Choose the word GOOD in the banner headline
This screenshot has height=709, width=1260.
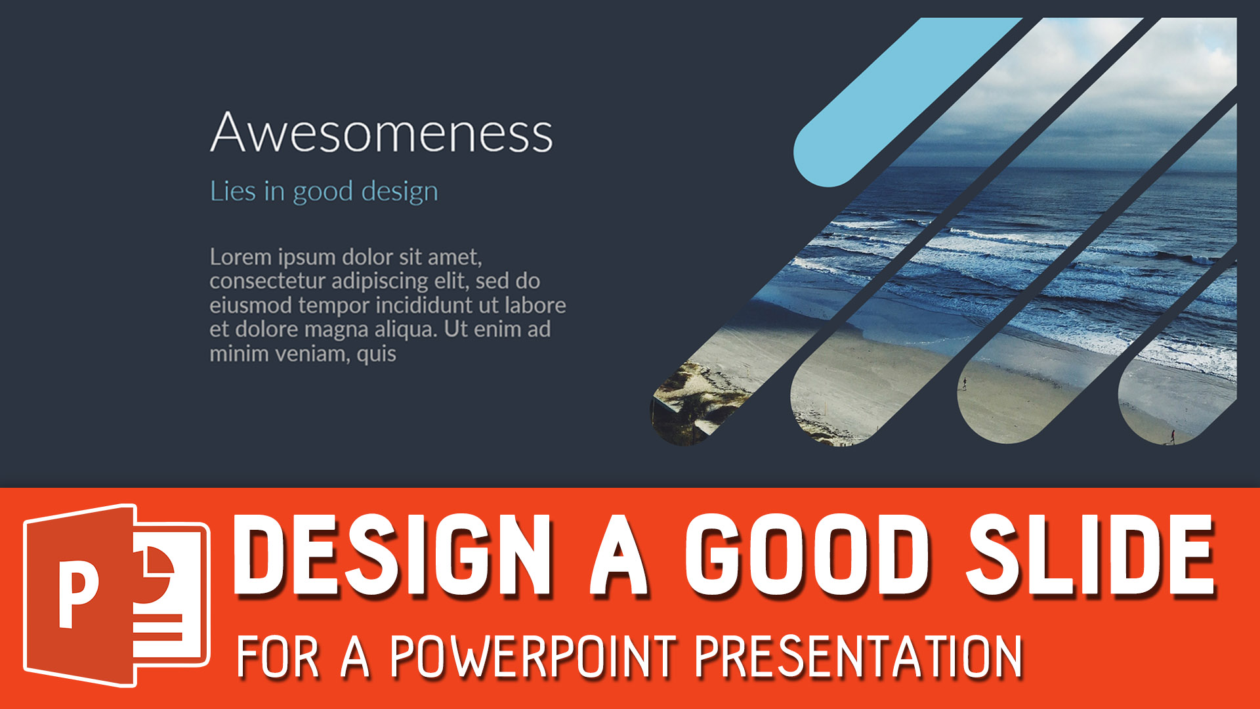[x=807, y=556]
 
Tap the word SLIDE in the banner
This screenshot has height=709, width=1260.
[x=1090, y=556]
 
